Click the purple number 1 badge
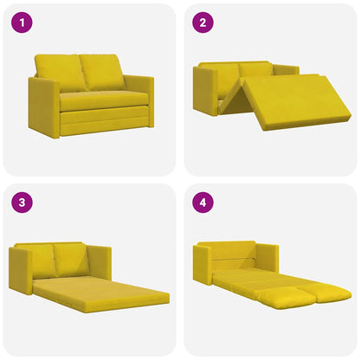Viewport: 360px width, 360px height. [x=22, y=23]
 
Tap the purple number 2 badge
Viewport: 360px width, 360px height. [x=203, y=23]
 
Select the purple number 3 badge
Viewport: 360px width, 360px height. [x=22, y=204]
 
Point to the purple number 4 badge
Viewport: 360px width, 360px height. [x=203, y=204]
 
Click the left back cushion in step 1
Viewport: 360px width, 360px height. [x=60, y=71]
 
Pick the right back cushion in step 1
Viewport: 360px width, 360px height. [x=103, y=71]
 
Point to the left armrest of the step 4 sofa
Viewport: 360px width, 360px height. [x=202, y=263]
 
